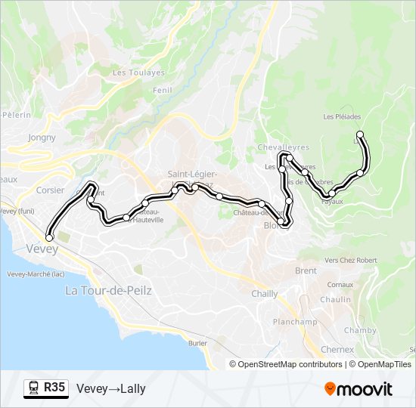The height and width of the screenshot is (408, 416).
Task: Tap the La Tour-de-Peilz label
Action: (x=108, y=290)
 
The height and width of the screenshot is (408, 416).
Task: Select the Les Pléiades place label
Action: (x=342, y=117)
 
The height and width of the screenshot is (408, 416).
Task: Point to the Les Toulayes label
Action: (x=138, y=73)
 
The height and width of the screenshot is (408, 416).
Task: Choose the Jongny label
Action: (x=42, y=138)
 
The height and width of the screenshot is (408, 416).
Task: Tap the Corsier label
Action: (x=50, y=190)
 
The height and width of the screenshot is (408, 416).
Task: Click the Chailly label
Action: (x=265, y=294)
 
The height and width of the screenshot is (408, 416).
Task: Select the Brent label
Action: (x=306, y=270)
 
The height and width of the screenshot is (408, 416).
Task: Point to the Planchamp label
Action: (x=294, y=322)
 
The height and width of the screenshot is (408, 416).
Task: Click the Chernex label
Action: (x=337, y=350)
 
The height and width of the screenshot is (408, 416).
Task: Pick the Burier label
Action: (x=197, y=343)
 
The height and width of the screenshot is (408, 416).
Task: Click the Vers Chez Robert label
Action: (x=350, y=260)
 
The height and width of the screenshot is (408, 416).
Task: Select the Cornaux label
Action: (x=340, y=284)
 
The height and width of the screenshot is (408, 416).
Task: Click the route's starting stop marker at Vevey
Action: (x=50, y=238)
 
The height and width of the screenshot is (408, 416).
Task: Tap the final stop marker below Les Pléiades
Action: (x=360, y=135)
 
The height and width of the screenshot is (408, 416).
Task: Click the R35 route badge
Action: (x=46, y=388)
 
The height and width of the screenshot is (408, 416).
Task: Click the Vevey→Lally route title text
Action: (x=111, y=389)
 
